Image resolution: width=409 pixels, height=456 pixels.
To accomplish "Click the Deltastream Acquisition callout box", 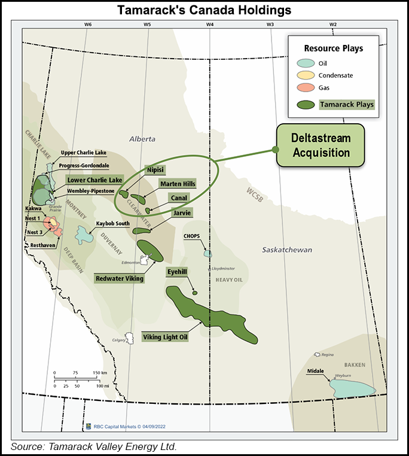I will [320, 145].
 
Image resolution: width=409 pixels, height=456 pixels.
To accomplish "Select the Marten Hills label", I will [178, 184].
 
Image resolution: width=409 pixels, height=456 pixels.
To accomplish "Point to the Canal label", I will [178, 198].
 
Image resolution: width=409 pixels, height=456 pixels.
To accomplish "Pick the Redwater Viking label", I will [120, 278].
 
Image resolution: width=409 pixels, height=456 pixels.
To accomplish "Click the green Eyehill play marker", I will [195, 293].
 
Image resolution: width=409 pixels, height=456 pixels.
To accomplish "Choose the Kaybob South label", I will [113, 224].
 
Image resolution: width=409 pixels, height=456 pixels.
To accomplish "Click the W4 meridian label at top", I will [210, 25].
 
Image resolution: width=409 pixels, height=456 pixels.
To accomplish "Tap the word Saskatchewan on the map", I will [287, 250].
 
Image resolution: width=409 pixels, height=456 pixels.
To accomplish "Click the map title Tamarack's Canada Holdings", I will [204, 10].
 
